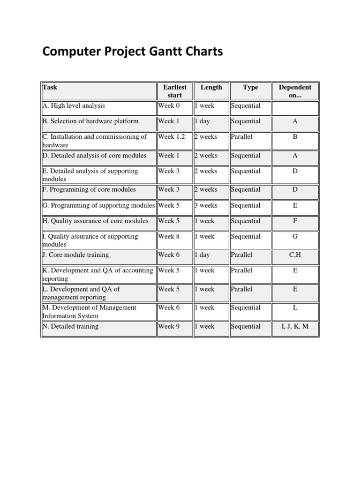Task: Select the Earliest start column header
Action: (x=175, y=91)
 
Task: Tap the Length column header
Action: (x=211, y=87)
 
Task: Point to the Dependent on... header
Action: (x=295, y=91)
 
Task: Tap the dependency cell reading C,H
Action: (x=295, y=255)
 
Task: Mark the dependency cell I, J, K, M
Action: (x=295, y=326)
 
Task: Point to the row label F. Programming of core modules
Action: (x=89, y=190)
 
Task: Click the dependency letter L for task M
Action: (x=295, y=308)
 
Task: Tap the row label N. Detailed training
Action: (x=70, y=326)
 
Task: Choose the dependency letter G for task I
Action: (x=295, y=237)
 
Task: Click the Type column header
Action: (x=250, y=87)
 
